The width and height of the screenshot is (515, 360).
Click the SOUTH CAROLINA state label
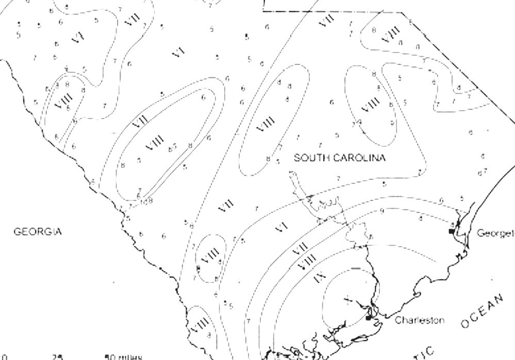339,158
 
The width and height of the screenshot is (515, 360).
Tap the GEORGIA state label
38,232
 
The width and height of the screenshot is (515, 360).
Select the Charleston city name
420,320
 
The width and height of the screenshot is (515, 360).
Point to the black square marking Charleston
368,318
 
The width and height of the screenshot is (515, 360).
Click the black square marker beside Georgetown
452,232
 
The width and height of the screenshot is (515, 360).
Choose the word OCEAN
482,311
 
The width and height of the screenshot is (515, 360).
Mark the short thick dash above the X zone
356,268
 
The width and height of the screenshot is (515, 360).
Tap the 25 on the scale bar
57,356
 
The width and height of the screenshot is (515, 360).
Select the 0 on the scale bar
4,356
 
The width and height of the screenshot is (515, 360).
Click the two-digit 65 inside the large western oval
172,148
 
